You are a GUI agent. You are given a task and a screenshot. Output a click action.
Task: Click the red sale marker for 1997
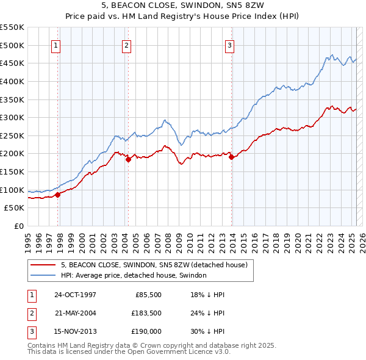click(x=58, y=195)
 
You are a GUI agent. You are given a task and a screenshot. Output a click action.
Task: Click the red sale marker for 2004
click(x=129, y=159)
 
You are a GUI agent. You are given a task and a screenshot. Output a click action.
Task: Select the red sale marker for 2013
click(x=232, y=157)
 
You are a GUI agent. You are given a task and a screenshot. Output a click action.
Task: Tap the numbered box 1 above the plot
click(x=56, y=45)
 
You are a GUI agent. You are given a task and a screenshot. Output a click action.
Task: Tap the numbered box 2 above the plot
click(x=126, y=45)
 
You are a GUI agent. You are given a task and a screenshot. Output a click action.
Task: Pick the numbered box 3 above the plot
click(x=229, y=45)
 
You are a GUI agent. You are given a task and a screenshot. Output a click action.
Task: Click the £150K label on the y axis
click(x=12, y=171)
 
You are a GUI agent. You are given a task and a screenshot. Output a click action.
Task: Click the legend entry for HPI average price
click(x=134, y=276)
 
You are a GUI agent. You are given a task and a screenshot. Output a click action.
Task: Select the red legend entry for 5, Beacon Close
click(x=154, y=265)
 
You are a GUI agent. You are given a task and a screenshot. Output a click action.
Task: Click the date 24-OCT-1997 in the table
click(x=75, y=294)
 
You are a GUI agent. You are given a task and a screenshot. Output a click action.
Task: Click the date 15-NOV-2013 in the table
click(x=75, y=332)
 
